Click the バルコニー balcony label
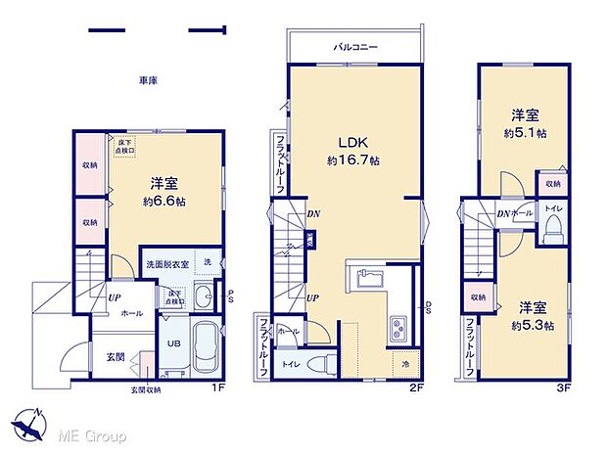pos(355,47)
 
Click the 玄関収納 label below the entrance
pos(145,389)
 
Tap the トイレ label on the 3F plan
pos(553,209)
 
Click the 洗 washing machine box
pos(208,262)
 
